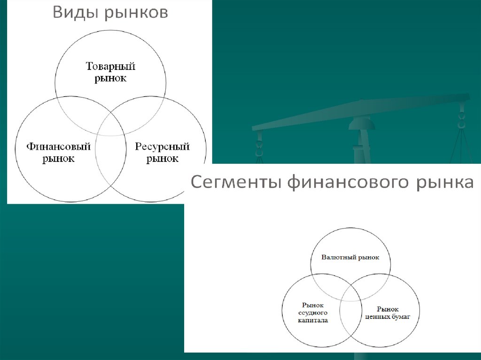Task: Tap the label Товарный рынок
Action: click(110, 72)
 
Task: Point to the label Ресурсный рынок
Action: click(162, 153)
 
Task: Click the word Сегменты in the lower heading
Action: click(233, 182)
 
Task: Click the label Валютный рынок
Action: click(350, 258)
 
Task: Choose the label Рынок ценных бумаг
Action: click(388, 313)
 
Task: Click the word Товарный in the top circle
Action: click(110, 66)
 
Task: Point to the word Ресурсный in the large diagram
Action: click(162, 147)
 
